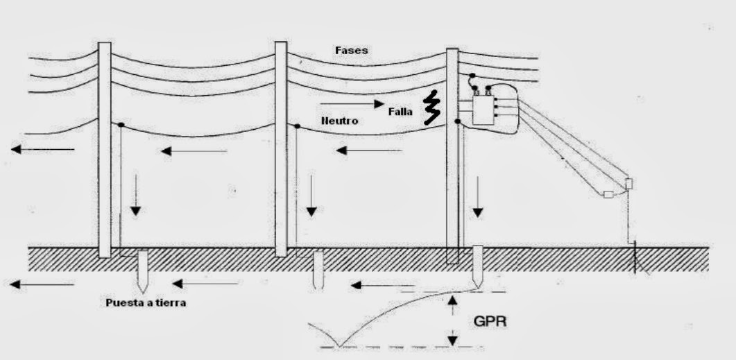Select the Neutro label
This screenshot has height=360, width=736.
coord(339,121)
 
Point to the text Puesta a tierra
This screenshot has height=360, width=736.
coord(145,302)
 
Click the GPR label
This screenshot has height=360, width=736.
coord(490,322)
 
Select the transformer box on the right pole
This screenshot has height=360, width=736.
coord(486,110)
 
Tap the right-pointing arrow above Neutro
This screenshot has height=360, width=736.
coord(352,105)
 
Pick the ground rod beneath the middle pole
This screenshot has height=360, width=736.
coord(318,271)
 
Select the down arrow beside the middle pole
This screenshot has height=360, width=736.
coord(311,195)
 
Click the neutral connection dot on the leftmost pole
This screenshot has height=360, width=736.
coord(120,125)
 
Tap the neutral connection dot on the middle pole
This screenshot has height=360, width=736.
coord(296,126)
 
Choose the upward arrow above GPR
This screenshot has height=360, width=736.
coord(452,305)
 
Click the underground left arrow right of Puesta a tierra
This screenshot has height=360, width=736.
coord(206,283)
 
